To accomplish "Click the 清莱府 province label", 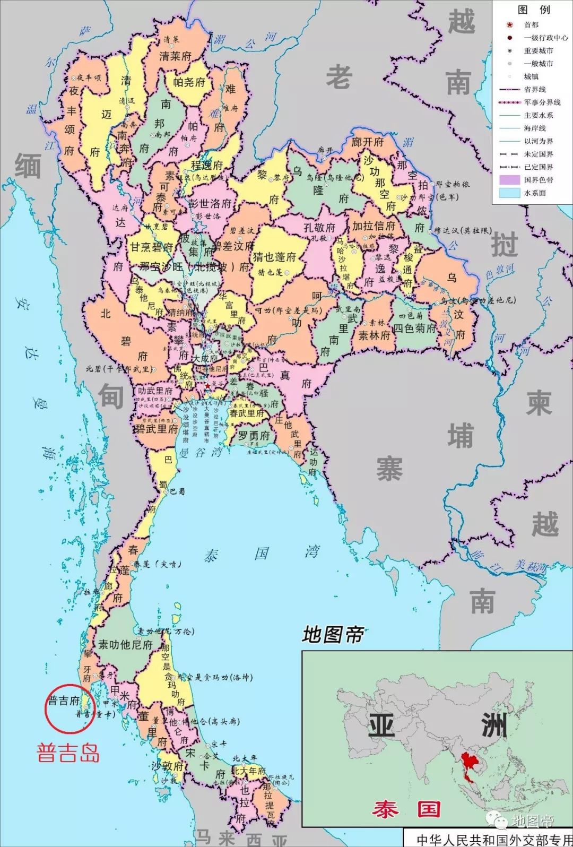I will point(175,56).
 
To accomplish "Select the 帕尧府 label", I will point(189,82).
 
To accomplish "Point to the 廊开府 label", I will point(367,142).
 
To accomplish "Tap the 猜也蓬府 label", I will point(274,257).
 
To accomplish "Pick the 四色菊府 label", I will point(414,329).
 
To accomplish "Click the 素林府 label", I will point(374,335).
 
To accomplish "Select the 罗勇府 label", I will point(254,436).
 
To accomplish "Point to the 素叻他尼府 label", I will point(125,644).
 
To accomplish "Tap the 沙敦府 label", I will point(168,766).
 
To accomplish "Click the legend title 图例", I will point(534,10).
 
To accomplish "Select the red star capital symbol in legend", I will point(510,25).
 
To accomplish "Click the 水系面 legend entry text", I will point(535,193).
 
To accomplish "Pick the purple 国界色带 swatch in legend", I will point(509,180).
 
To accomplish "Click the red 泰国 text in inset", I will point(406,809).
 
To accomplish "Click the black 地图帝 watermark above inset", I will point(333,634).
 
